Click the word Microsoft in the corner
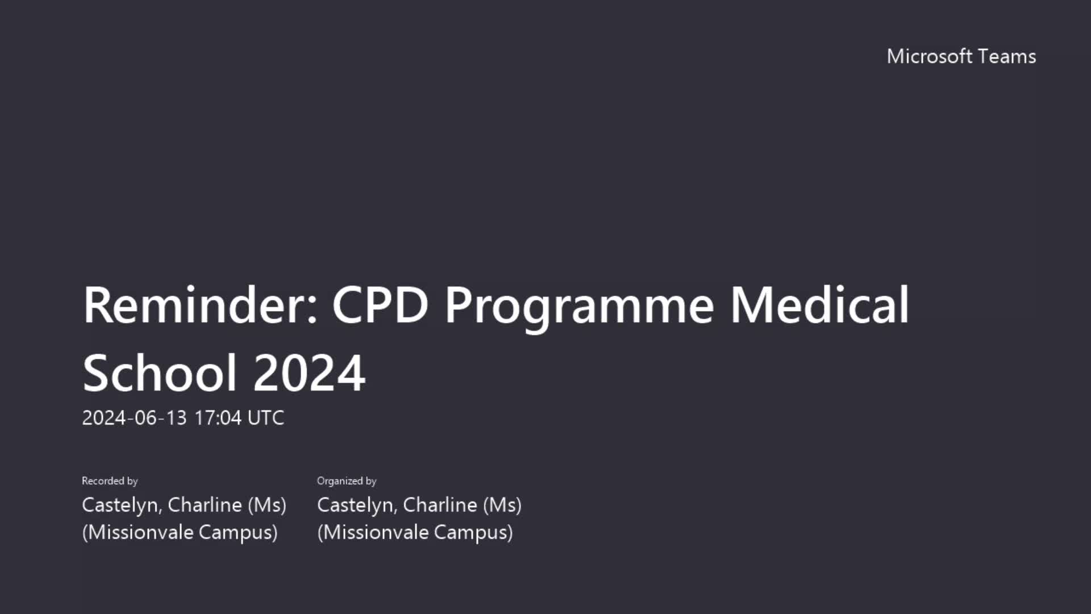930,56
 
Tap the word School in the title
160,373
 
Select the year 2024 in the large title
309,373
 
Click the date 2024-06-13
134,418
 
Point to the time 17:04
218,418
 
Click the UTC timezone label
266,418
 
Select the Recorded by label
110,481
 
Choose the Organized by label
347,481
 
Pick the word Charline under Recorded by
205,505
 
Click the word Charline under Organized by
440,505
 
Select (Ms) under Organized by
502,505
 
